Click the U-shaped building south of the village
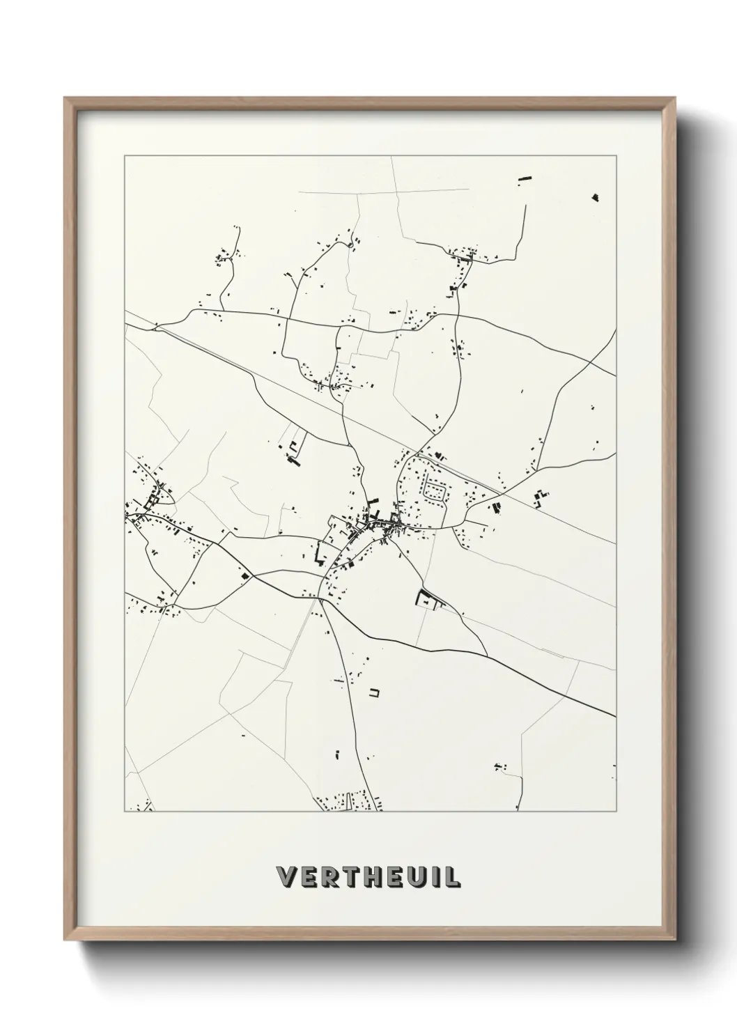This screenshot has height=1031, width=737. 374,692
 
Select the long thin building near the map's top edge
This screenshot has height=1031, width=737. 524,180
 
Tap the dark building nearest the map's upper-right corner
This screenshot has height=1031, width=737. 595,197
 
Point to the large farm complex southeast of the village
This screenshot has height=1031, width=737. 426,598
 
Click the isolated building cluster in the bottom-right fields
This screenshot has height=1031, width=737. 499,768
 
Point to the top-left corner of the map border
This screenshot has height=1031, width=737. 125,156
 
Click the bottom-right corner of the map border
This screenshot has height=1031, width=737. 616,812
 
